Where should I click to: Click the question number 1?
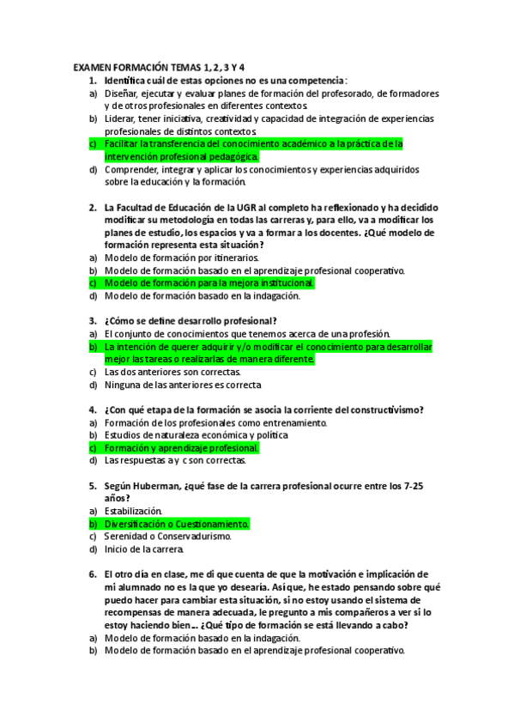click(x=92, y=80)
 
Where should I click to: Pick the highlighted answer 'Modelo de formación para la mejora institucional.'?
click(x=210, y=282)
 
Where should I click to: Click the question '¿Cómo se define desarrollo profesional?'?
click(x=190, y=321)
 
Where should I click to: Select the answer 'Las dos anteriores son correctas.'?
click(x=172, y=372)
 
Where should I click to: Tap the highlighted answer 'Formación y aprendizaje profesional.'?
click(x=181, y=448)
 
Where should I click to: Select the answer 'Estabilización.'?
click(x=132, y=511)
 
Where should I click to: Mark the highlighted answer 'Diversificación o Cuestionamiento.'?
click(x=177, y=524)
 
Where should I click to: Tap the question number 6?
click(x=92, y=573)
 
